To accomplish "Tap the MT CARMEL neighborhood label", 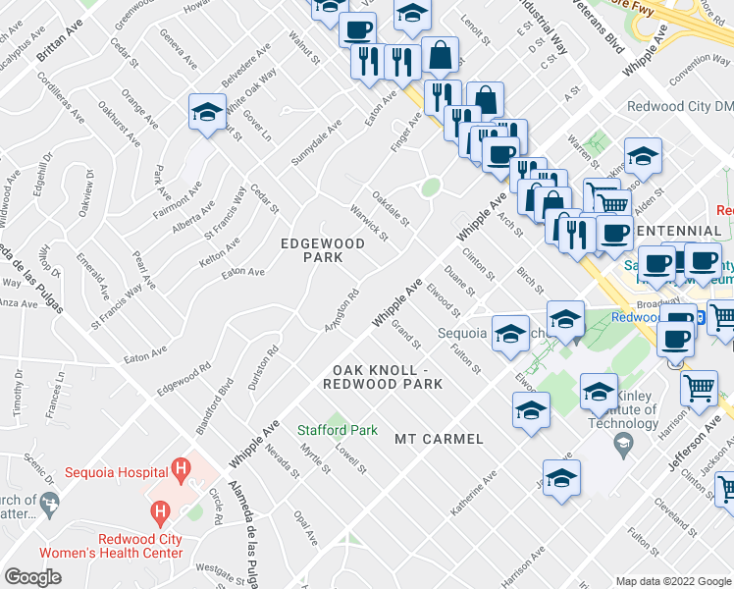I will click(440, 439).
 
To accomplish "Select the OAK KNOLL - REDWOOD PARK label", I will click(382, 377).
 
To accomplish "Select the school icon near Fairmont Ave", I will click(207, 114).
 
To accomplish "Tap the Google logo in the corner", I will click(32, 577).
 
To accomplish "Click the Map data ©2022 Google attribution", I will click(674, 581).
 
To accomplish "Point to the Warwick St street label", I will click(370, 222).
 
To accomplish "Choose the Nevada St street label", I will click(282, 461).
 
